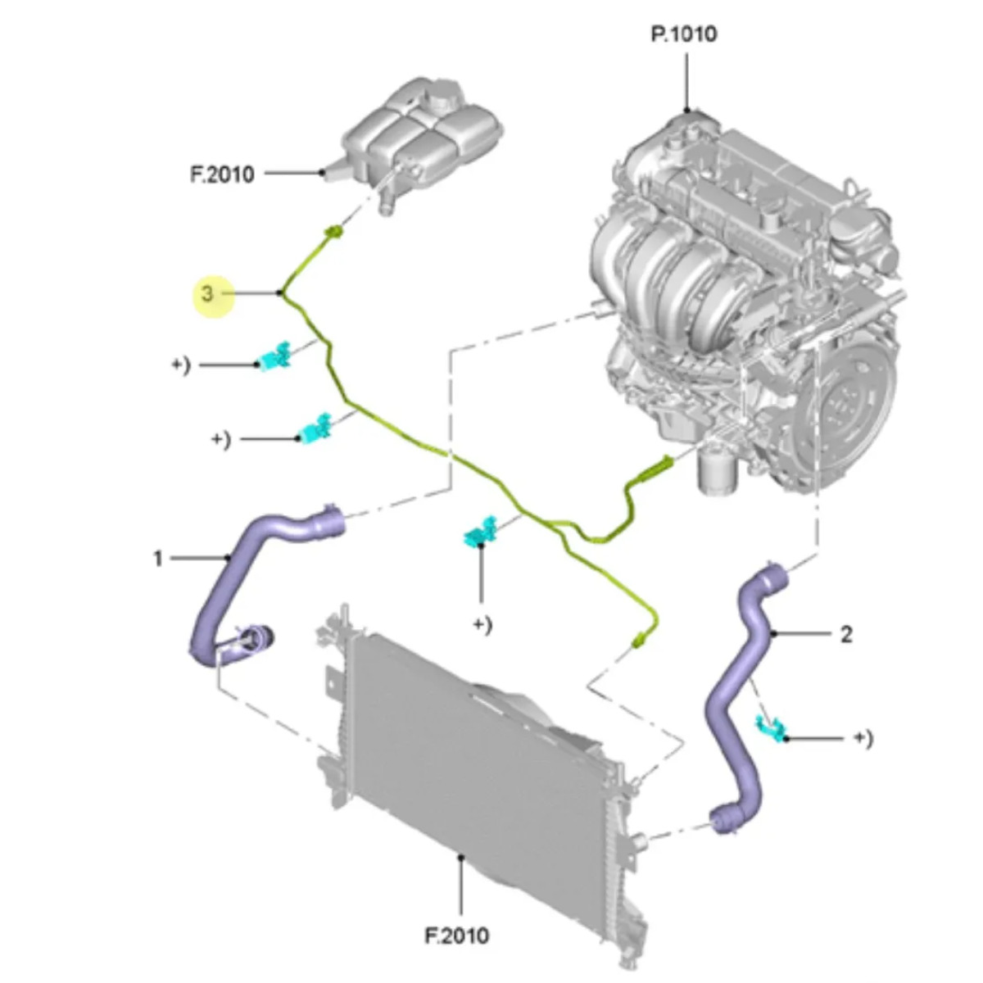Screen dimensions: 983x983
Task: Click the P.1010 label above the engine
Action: (x=684, y=34)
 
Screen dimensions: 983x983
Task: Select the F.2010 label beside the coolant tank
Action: (x=222, y=174)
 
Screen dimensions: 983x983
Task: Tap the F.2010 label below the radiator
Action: (x=457, y=935)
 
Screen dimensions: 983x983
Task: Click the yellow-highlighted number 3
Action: (x=208, y=293)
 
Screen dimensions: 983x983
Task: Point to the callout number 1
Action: (x=157, y=559)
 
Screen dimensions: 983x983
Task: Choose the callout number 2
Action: (x=846, y=633)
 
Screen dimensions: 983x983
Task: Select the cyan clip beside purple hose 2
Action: (x=771, y=726)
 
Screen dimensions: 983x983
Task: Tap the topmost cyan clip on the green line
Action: (x=275, y=356)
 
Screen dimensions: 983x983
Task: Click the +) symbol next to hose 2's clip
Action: (x=863, y=738)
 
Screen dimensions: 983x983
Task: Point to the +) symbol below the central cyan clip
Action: (x=482, y=625)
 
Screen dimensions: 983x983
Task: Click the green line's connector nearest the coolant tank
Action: (x=333, y=233)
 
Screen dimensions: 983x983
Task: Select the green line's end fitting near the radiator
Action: (x=638, y=642)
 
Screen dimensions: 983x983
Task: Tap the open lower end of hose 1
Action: (x=258, y=638)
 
